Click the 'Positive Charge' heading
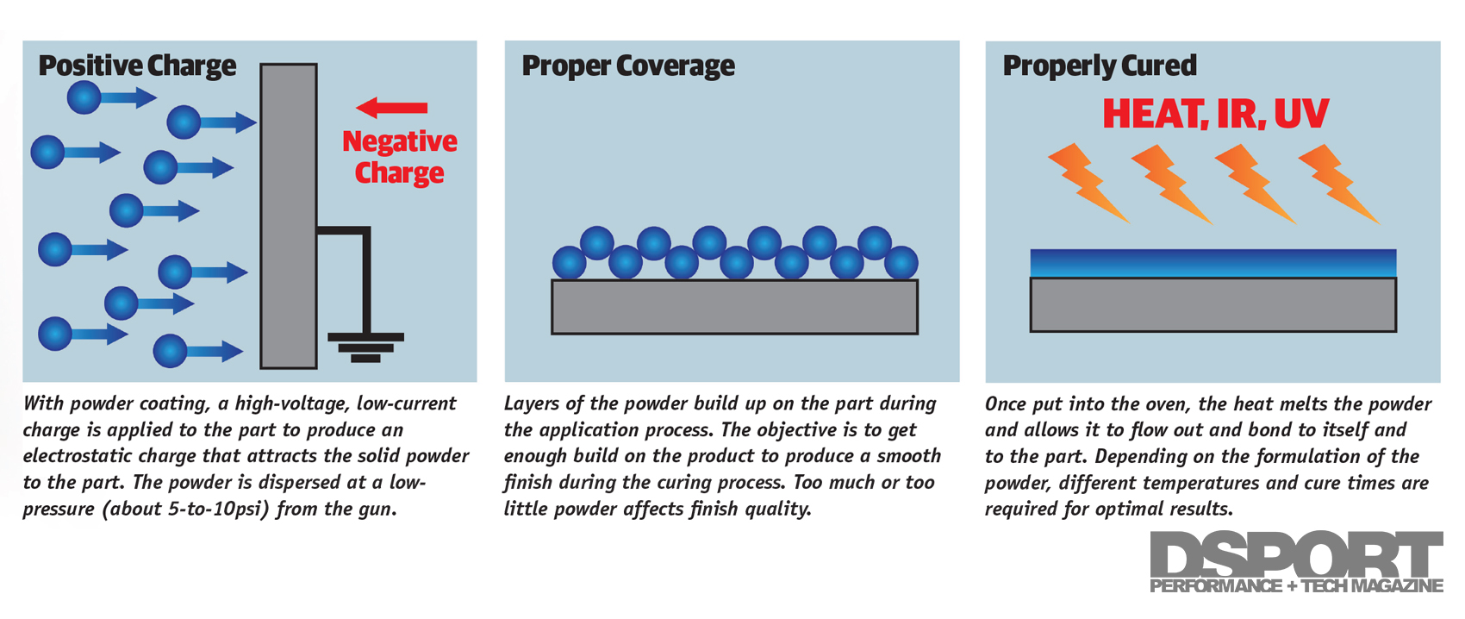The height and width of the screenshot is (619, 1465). tap(137, 66)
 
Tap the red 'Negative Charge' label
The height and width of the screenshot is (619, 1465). tap(399, 157)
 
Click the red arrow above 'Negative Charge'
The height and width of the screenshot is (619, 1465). tap(392, 108)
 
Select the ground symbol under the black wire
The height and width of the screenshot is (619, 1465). tap(365, 347)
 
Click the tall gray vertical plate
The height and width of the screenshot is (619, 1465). tap(289, 216)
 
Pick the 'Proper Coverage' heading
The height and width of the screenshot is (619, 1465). tap(628, 66)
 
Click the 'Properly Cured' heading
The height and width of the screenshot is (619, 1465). tap(1100, 66)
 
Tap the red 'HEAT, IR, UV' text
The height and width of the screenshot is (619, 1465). tap(1215, 114)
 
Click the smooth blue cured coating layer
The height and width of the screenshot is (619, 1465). tap(1213, 263)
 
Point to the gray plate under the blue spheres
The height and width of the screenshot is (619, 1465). tap(734, 307)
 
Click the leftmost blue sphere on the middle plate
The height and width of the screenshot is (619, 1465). tap(569, 263)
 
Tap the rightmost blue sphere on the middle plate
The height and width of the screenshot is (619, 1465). tap(901, 263)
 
